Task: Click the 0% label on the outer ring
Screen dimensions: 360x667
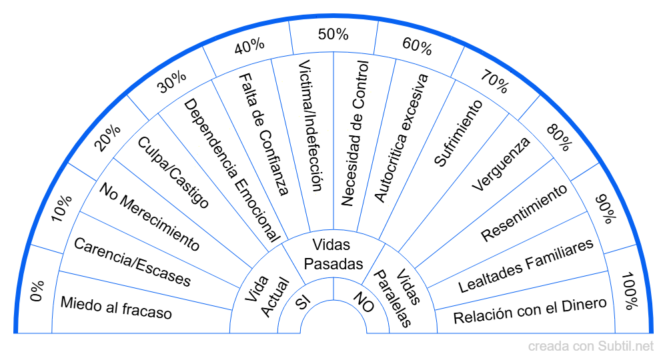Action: [x=36, y=291]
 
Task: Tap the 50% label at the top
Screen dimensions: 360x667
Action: [x=333, y=33]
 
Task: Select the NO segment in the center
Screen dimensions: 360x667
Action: [x=363, y=302]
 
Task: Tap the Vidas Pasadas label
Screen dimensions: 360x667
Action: [x=333, y=254]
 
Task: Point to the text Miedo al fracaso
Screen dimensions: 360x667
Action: [x=116, y=307]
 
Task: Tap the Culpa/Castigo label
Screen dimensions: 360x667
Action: [x=173, y=172]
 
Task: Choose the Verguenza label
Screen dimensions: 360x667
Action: [x=500, y=164]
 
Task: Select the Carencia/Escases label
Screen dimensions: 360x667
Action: [x=132, y=262]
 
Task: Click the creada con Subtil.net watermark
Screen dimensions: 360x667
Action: [x=591, y=347]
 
